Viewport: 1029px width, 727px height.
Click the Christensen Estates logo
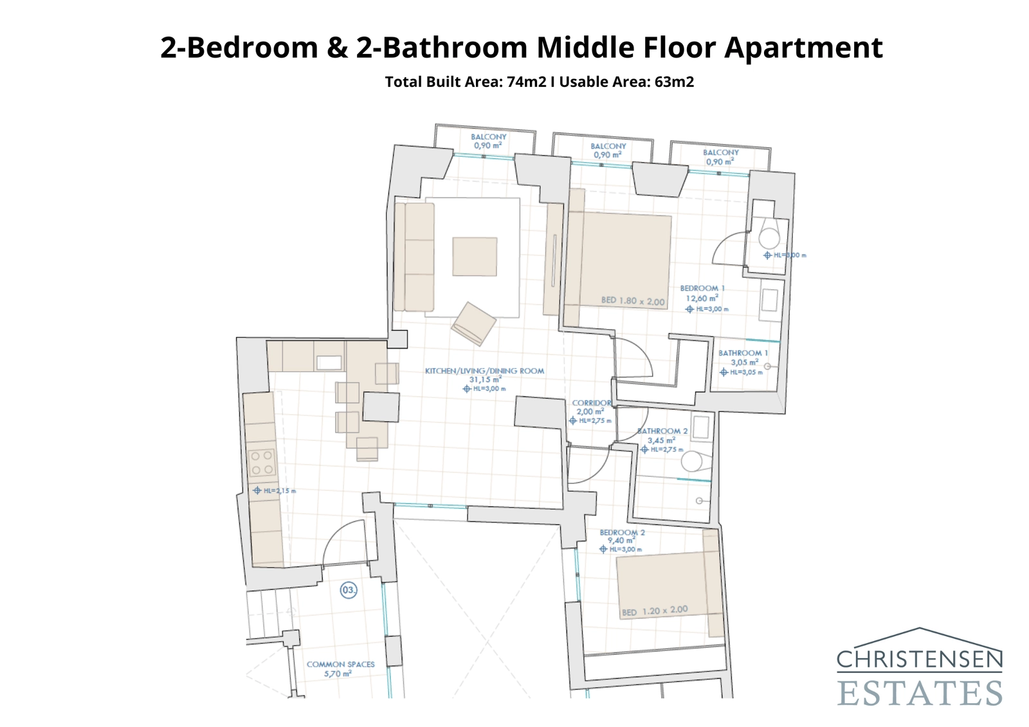919,668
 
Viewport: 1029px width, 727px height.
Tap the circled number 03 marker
349,589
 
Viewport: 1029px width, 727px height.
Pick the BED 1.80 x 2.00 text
633,301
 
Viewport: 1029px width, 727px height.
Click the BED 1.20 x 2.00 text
655,611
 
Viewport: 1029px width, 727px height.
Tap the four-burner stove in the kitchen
262,463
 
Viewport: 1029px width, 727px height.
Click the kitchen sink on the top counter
329,363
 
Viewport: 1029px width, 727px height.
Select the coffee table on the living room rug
475,256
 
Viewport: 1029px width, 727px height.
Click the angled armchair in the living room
473,323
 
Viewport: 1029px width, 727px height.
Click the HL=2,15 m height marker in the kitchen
275,490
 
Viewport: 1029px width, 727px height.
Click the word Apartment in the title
803,48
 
